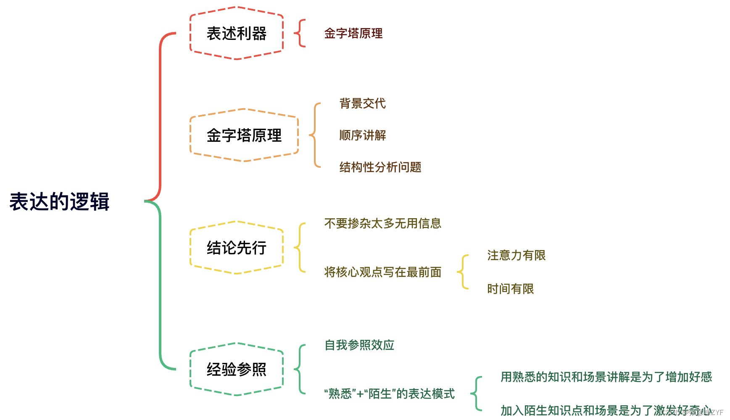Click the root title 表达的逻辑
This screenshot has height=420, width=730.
click(59, 202)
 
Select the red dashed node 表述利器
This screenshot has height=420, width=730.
click(237, 34)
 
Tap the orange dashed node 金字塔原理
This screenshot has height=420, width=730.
click(244, 135)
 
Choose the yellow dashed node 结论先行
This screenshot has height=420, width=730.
click(237, 248)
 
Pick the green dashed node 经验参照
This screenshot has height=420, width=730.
click(237, 369)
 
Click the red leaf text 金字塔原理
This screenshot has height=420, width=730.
click(353, 34)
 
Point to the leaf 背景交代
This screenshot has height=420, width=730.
click(362, 103)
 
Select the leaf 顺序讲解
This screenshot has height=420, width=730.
click(362, 135)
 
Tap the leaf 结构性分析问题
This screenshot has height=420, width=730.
click(380, 167)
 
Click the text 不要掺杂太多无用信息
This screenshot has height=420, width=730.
click(382, 223)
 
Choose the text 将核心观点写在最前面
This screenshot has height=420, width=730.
click(382, 272)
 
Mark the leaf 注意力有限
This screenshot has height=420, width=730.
click(516, 255)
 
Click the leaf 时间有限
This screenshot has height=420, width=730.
click(510, 289)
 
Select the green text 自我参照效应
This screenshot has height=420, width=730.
click(359, 345)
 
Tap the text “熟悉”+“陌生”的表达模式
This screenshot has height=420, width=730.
click(389, 394)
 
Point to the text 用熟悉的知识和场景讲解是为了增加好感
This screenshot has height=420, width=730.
click(606, 377)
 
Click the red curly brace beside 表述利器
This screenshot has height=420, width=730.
click(300, 33)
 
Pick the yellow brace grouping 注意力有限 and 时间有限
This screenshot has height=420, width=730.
click(463, 272)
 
